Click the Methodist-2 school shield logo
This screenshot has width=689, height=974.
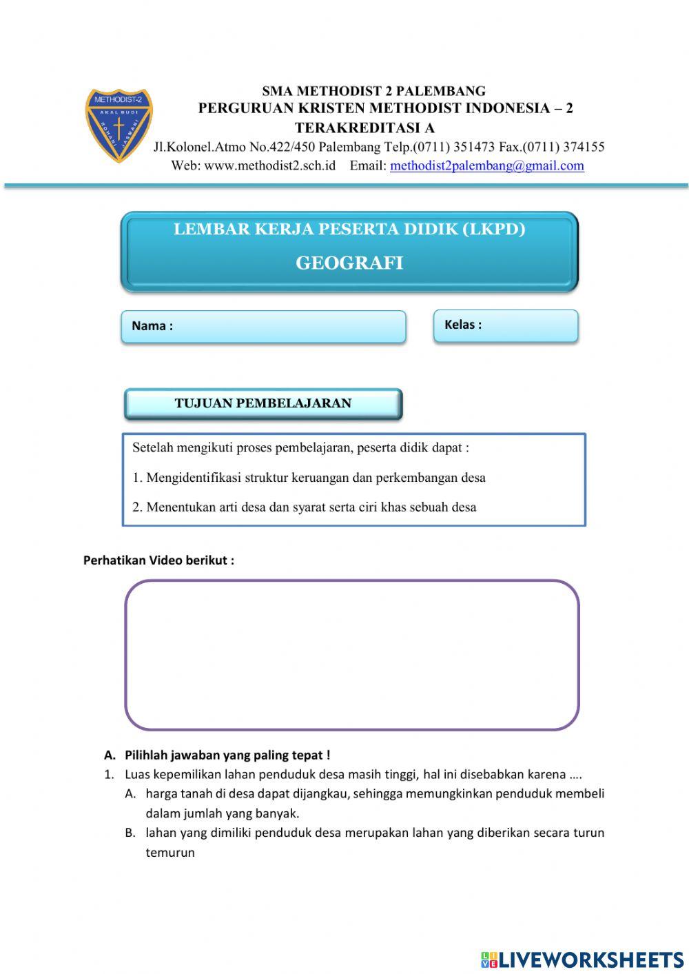tap(119, 126)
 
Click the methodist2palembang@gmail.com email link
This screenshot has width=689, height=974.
tap(486, 165)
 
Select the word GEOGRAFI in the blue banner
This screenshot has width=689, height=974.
tap(349, 263)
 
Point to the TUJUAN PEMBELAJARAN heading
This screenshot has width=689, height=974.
tap(263, 404)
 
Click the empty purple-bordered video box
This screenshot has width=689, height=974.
tap(351, 655)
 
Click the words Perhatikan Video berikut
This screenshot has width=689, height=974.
tap(158, 560)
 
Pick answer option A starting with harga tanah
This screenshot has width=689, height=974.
tap(374, 794)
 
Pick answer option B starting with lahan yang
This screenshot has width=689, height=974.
tap(374, 833)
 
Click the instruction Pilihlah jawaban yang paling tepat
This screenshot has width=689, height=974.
tap(227, 755)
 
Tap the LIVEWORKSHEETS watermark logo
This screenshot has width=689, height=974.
tap(582, 960)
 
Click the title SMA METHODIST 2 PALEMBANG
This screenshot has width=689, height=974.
tap(373, 91)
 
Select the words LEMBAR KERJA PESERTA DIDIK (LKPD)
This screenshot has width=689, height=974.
tap(349, 230)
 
